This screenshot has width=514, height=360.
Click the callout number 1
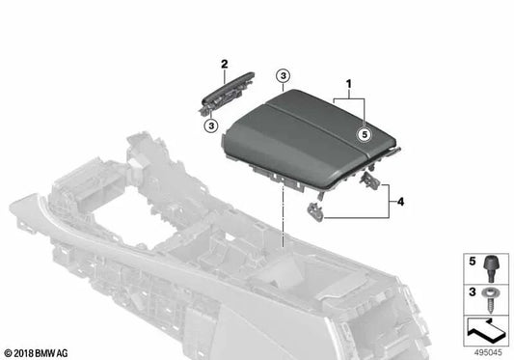click(348, 85)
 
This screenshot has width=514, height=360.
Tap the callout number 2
click(225, 64)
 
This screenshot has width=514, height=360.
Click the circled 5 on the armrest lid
click(364, 136)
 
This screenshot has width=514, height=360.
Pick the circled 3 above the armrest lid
click(283, 75)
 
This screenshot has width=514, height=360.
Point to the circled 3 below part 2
click(210, 124)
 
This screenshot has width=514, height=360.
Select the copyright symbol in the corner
click(9, 353)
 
